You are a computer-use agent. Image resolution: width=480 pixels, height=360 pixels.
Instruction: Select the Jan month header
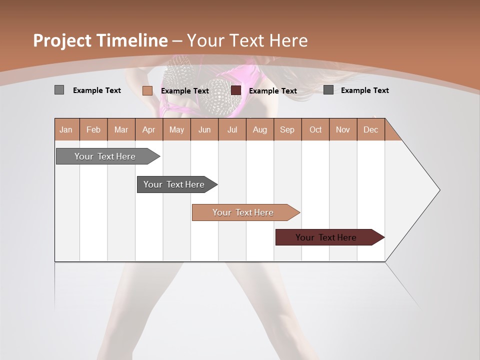[66, 129]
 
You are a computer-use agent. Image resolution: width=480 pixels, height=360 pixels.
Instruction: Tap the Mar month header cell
[121, 129]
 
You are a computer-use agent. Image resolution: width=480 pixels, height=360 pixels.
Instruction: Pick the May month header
[176, 129]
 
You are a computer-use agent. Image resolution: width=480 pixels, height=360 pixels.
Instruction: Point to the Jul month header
[232, 129]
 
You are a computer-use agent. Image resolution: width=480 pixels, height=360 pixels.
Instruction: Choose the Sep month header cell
[287, 129]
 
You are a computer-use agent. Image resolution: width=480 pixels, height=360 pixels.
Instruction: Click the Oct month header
[315, 129]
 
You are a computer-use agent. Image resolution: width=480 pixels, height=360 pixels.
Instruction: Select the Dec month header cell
[370, 129]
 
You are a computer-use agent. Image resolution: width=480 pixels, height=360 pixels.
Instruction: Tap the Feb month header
[93, 129]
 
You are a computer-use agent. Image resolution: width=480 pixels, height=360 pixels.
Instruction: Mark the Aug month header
[259, 129]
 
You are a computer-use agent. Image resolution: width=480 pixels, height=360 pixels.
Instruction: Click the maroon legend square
[236, 90]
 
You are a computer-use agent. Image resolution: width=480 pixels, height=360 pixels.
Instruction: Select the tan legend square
[147, 90]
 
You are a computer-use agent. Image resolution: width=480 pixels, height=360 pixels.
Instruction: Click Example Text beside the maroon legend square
[272, 91]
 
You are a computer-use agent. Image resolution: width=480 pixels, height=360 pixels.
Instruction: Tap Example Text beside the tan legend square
[184, 91]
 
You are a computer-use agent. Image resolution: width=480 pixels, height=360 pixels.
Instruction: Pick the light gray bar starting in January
[105, 156]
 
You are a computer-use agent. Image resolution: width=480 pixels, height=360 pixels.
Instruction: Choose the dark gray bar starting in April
[174, 184]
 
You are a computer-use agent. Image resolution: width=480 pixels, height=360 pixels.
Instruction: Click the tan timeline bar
[243, 212]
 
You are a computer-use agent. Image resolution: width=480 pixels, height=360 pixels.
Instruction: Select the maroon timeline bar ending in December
[326, 237]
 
